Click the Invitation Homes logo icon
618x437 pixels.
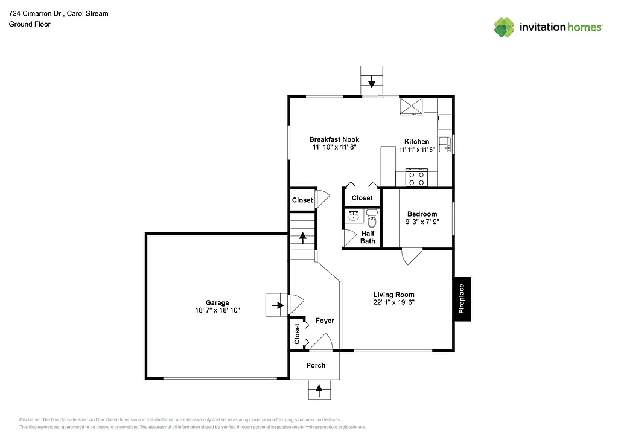pyautogui.click(x=504, y=27)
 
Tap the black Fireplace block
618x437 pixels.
pyautogui.click(x=462, y=299)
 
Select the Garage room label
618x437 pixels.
pyautogui.click(x=217, y=303)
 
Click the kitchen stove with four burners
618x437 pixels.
pyautogui.click(x=416, y=179)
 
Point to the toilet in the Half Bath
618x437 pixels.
pyautogui.click(x=371, y=218)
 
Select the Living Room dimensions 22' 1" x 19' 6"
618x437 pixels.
pyautogui.click(x=393, y=303)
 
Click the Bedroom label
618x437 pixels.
pyautogui.click(x=422, y=214)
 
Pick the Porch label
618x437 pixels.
pyautogui.click(x=316, y=365)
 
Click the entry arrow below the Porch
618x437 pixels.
pyautogui.click(x=319, y=389)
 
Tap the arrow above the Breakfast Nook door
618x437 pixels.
pyautogui.click(x=372, y=80)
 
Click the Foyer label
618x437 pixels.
pyautogui.click(x=325, y=321)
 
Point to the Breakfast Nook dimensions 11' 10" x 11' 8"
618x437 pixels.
pyautogui.click(x=334, y=147)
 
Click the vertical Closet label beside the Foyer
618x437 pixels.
pyautogui.click(x=297, y=333)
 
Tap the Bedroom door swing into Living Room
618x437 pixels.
pyautogui.click(x=412, y=257)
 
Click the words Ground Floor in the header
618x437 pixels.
pyautogui.click(x=29, y=24)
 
